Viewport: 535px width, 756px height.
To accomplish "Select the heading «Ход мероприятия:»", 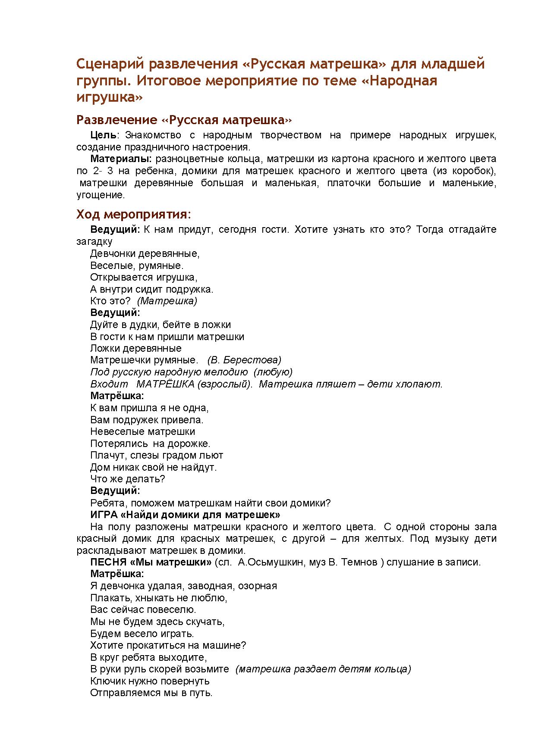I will point(133,214).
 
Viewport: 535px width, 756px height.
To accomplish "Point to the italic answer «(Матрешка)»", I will point(167,301).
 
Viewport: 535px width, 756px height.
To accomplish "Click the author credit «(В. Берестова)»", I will point(244,360).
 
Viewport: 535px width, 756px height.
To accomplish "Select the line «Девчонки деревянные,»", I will point(145,253).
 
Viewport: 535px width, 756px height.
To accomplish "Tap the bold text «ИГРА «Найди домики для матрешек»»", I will point(185,515).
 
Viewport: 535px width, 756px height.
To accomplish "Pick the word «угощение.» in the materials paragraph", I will point(101,195).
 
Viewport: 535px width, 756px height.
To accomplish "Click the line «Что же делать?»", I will point(128,479).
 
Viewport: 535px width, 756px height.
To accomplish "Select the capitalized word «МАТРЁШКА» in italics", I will point(165,384).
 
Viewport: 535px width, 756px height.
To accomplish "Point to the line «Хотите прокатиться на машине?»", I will point(168,645).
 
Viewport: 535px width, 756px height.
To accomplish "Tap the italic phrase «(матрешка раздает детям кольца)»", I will point(323,669).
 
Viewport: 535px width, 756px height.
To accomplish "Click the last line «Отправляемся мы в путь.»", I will point(151,693).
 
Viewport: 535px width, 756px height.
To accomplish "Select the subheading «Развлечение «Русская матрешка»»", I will point(184,119).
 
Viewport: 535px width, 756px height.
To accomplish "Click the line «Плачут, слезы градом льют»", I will point(157,455).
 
